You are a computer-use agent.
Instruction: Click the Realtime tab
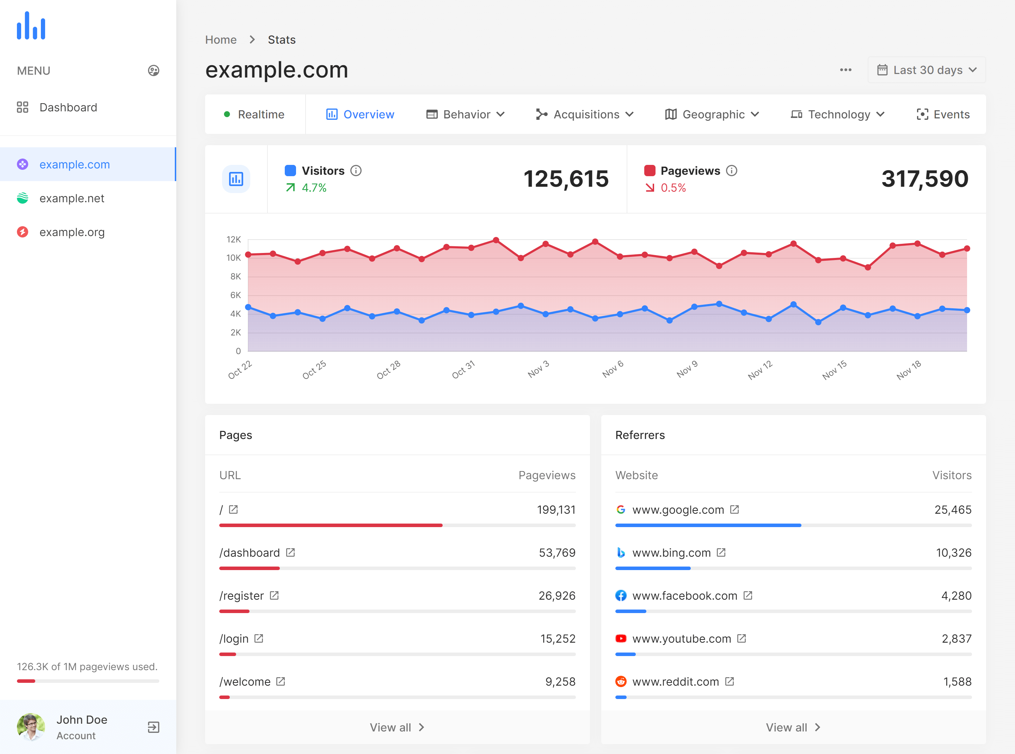pos(255,114)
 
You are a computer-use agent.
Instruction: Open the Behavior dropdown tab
pos(465,114)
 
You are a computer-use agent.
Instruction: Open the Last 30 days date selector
pos(927,70)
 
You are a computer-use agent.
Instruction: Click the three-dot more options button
pos(845,70)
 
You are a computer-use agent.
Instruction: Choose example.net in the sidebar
pos(72,198)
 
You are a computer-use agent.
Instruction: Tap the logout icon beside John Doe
pos(153,727)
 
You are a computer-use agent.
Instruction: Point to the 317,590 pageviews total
pos(924,179)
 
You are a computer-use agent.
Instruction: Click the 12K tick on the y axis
pos(233,239)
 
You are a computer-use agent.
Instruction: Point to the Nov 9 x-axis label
pos(687,369)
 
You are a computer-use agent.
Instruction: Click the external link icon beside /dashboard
pos(290,553)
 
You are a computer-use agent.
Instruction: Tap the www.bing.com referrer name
pos(671,553)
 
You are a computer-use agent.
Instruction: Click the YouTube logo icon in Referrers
pos(621,638)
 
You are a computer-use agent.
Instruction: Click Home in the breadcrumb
pos(221,40)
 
